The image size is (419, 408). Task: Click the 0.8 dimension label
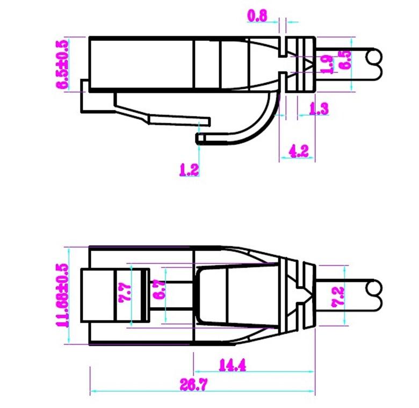257,16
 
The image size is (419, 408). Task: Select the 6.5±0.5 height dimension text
63,64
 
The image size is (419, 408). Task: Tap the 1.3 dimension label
319,109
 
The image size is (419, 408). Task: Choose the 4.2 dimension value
299,151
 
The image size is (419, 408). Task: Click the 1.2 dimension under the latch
189,170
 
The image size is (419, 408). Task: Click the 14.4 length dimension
232,366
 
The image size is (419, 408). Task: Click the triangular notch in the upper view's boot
308,65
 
